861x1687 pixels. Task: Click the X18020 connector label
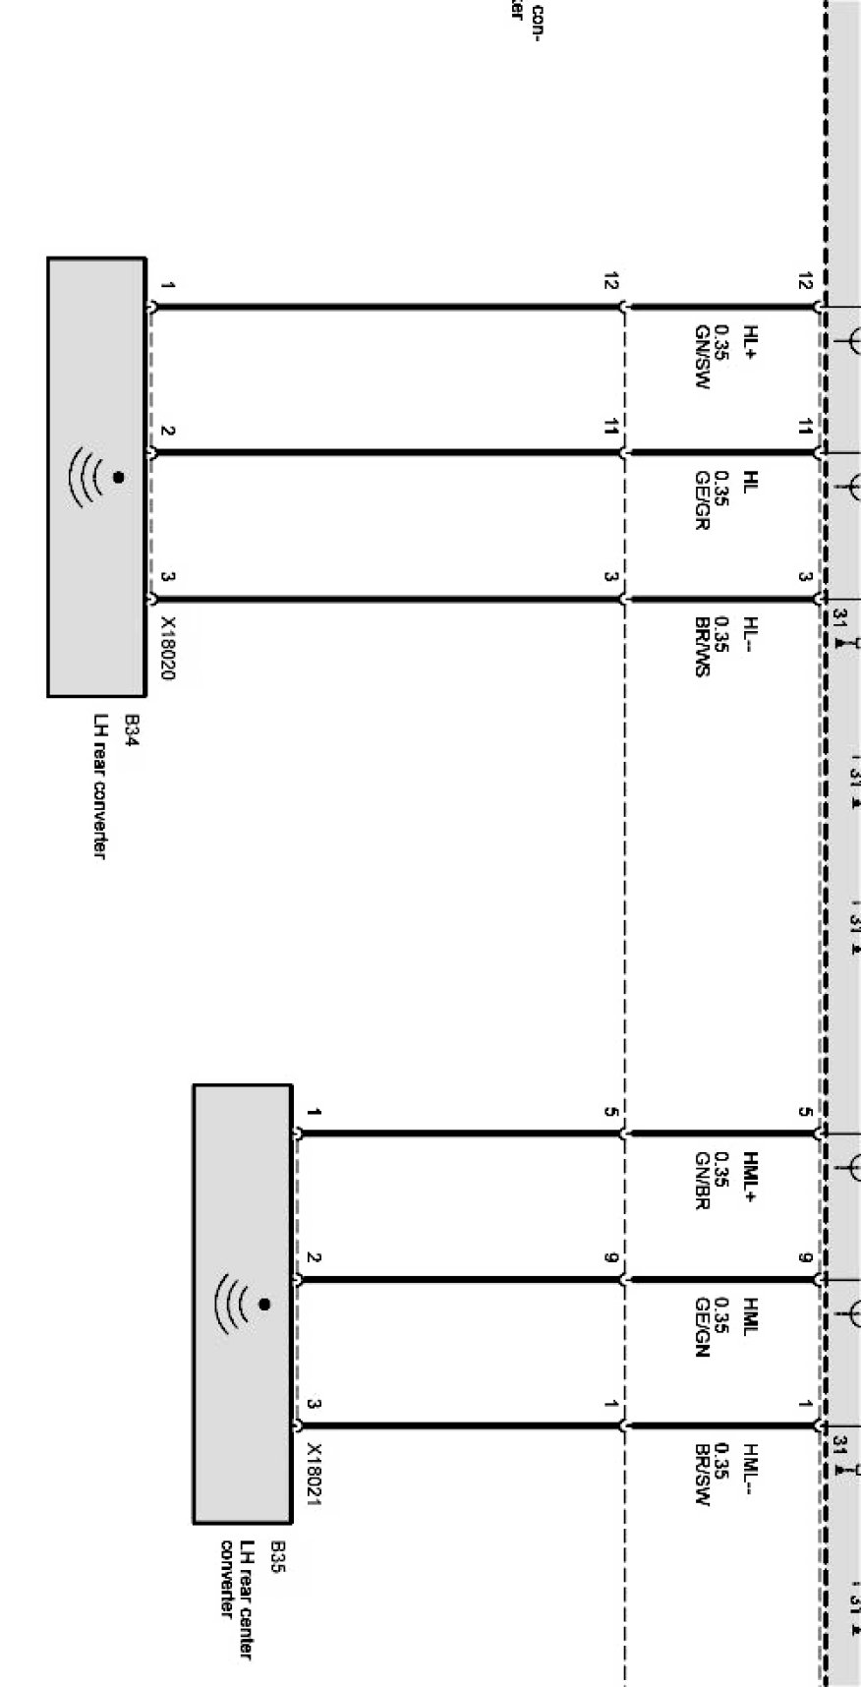point(168,649)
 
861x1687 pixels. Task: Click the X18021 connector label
point(314,1474)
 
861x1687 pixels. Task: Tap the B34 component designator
point(131,731)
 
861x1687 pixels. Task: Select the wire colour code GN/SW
point(702,357)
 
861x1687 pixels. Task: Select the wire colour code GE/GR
point(702,500)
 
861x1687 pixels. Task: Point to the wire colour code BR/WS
point(702,647)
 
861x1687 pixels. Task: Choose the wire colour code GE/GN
point(702,1327)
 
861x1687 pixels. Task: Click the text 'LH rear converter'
point(99,786)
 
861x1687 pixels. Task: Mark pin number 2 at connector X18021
point(314,1257)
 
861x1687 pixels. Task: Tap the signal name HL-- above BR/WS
point(751,632)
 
